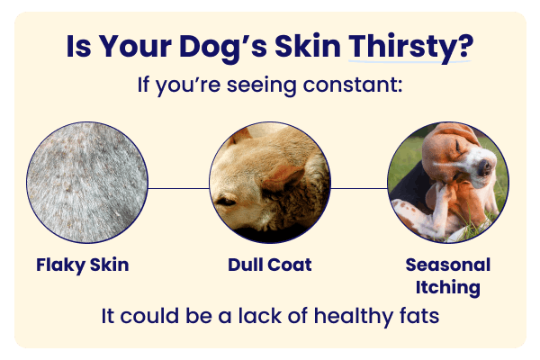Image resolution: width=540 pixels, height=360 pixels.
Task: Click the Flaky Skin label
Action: click(83, 265)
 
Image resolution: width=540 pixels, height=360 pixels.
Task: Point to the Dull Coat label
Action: click(270, 265)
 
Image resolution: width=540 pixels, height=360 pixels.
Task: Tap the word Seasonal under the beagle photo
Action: click(447, 265)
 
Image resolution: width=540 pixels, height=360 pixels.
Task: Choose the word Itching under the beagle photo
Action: click(447, 288)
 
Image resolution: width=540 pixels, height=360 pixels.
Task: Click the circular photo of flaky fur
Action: click(87, 184)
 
